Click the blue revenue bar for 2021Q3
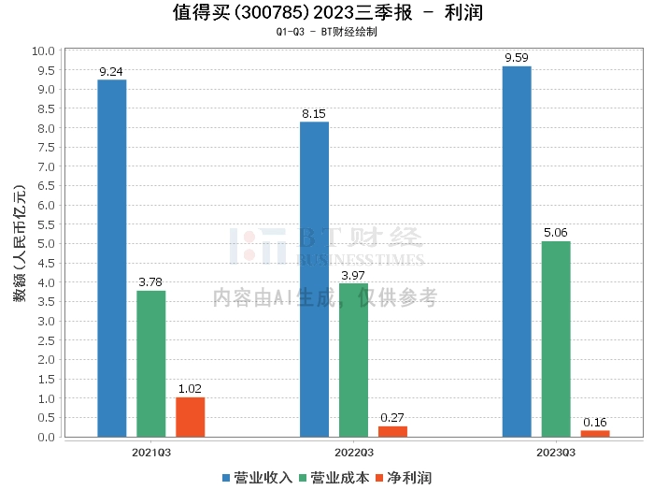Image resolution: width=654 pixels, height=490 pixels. pyautogui.click(x=112, y=258)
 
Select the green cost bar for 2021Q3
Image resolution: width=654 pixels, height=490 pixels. pyautogui.click(x=151, y=364)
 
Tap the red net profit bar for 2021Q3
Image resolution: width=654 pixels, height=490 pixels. pyautogui.click(x=191, y=417)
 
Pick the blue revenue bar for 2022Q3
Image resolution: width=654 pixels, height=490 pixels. pyautogui.click(x=314, y=279)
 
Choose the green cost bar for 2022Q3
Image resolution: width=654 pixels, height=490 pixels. pyautogui.click(x=353, y=360)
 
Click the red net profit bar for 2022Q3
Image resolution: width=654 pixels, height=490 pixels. pyautogui.click(x=392, y=431)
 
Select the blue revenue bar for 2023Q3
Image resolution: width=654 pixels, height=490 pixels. pyautogui.click(x=517, y=252)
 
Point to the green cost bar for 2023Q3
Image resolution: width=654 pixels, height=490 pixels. pyautogui.click(x=556, y=339)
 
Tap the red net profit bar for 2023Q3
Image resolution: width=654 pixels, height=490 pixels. pyautogui.click(x=595, y=433)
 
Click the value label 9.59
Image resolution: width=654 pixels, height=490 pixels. pyautogui.click(x=517, y=58)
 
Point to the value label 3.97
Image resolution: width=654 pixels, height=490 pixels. pyautogui.click(x=353, y=275)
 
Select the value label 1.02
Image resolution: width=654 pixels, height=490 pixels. pyautogui.click(x=191, y=389)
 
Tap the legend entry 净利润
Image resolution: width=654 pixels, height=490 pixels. pyautogui.click(x=409, y=478)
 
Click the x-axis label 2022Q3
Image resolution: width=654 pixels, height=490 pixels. pyautogui.click(x=353, y=452)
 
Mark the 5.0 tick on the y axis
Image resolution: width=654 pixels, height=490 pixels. pyautogui.click(x=45, y=243)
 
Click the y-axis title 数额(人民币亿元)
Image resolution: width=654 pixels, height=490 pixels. pyautogui.click(x=19, y=243)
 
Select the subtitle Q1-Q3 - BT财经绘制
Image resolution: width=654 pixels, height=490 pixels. pyautogui.click(x=327, y=31)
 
